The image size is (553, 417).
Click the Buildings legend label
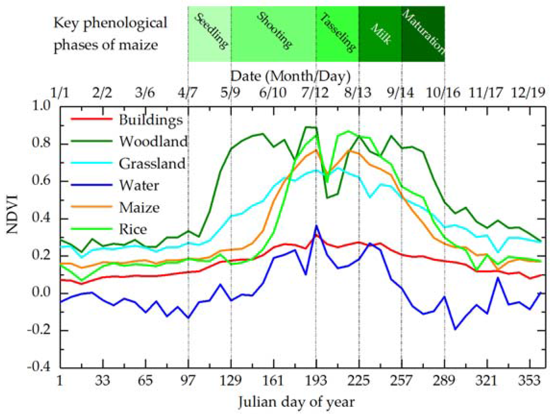(151, 120)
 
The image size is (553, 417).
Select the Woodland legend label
(154, 142)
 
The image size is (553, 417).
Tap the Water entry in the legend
(139, 185)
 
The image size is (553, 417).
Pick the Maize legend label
(139, 208)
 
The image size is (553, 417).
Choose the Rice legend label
(133, 229)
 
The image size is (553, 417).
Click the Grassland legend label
(152, 164)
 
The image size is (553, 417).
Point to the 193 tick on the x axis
(316, 380)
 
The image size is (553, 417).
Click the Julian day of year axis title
(296, 402)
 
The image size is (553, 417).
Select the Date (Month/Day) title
(290, 76)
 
